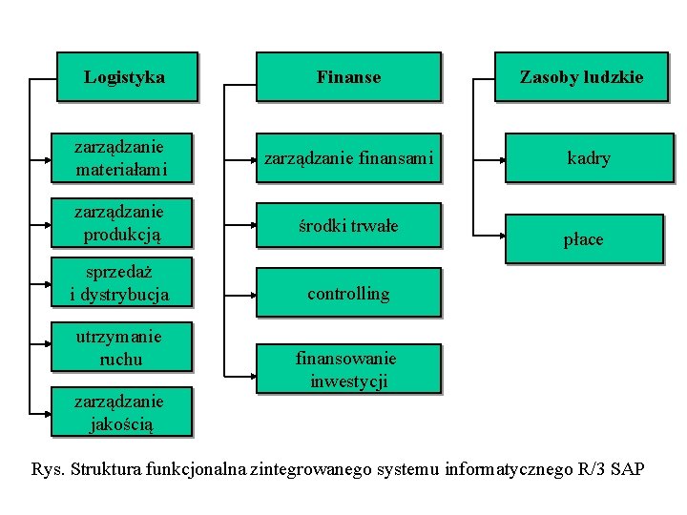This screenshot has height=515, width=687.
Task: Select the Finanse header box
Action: pyautogui.click(x=348, y=76)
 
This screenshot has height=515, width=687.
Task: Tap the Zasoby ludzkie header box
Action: pyautogui.click(x=581, y=76)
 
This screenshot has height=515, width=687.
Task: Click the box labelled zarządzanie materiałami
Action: pyautogui.click(x=122, y=158)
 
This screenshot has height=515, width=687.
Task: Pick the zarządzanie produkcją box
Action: pyautogui.click(x=122, y=222)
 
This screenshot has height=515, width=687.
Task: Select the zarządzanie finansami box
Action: pyautogui.click(x=348, y=158)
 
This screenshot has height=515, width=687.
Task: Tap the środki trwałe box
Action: pyautogui.click(x=348, y=226)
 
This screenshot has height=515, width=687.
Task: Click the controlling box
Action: pyautogui.click(x=348, y=293)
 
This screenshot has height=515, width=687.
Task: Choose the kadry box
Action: pyautogui.click(x=589, y=158)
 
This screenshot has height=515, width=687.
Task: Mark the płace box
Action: pyautogui.click(x=583, y=238)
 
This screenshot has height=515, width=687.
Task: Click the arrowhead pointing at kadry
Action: pyautogui.click(x=508, y=158)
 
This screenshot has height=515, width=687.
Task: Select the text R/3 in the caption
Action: pyautogui.click(x=593, y=469)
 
